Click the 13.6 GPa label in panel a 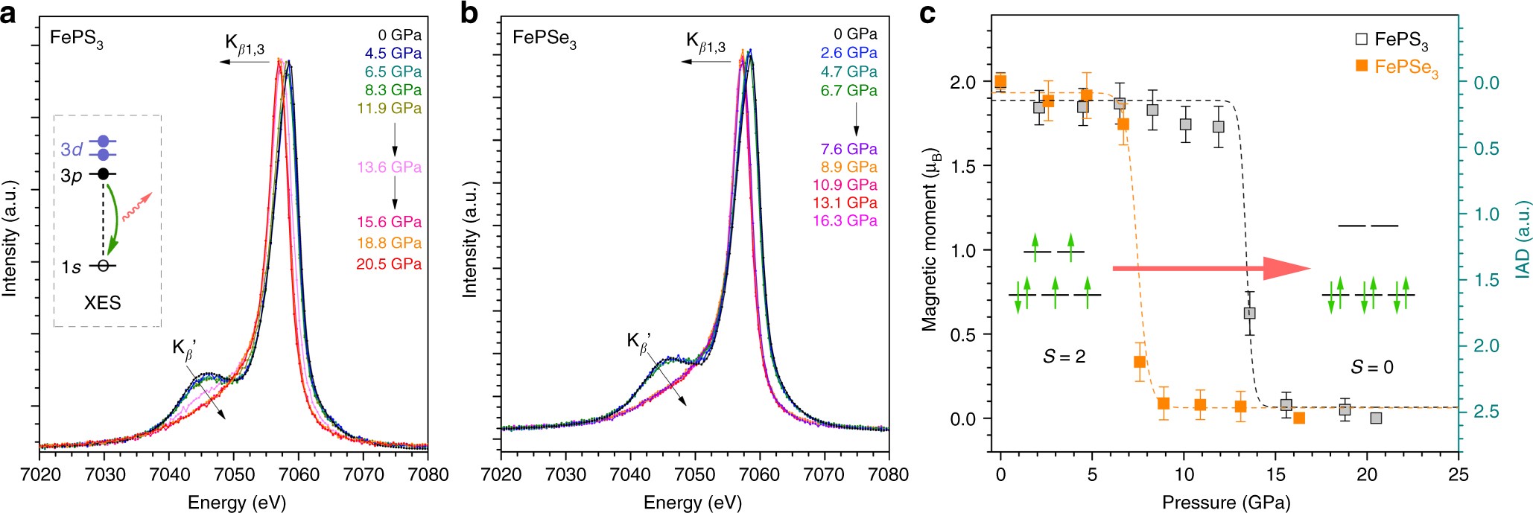[x=389, y=167]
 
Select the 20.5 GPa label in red [x=389, y=264]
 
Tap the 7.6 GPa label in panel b [x=848, y=149]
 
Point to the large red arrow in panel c [x=1210, y=268]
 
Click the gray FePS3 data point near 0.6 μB [x=1249, y=313]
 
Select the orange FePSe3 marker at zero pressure [x=1000, y=81]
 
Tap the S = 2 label [x=1063, y=357]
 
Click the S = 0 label [x=1371, y=366]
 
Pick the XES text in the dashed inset [x=102, y=302]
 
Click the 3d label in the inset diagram [x=72, y=149]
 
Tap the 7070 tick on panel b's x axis [x=824, y=474]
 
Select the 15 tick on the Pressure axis [x=1275, y=474]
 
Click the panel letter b [x=469, y=13]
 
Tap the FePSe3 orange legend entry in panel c [x=1397, y=67]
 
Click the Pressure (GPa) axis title [x=1225, y=502]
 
